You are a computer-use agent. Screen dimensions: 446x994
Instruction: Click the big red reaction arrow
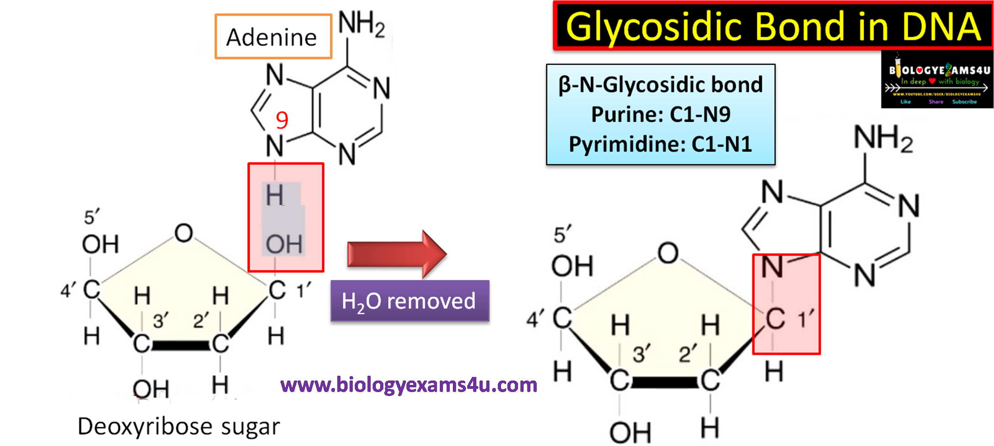[395, 254]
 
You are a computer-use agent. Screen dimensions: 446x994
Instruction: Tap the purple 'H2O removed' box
[410, 301]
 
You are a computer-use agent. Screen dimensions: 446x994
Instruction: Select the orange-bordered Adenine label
[273, 37]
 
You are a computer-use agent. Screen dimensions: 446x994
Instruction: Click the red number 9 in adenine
[282, 120]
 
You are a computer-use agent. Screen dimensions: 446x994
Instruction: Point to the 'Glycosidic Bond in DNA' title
[773, 27]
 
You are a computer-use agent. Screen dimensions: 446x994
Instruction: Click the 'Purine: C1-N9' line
[660, 115]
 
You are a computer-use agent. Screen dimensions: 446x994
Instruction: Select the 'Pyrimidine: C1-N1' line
[660, 144]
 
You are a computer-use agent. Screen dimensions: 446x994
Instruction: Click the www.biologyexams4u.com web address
[408, 385]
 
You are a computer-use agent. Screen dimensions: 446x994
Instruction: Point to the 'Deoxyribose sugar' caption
[179, 427]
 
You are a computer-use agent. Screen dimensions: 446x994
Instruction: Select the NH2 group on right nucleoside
[883, 138]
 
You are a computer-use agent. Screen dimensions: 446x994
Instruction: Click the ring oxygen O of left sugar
[184, 233]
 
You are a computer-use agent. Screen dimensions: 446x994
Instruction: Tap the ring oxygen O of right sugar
[668, 253]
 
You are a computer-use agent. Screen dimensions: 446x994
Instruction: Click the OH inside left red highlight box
[284, 244]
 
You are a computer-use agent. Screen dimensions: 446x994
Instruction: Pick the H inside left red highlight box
[275, 196]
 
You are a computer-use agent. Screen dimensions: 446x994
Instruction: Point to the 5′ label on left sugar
[91, 217]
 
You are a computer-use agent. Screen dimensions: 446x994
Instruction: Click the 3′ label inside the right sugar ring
[641, 354]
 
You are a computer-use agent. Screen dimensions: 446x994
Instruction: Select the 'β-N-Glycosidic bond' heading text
[660, 85]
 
